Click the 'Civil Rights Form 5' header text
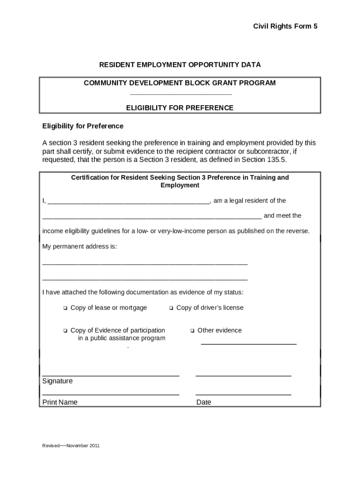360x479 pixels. [x=285, y=27]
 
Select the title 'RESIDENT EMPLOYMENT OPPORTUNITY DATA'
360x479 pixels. [x=180, y=64]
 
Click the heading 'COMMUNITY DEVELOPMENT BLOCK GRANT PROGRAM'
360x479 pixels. [x=180, y=83]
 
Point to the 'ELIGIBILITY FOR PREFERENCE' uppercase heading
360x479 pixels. [x=180, y=108]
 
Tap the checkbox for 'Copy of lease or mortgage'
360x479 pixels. [x=65, y=308]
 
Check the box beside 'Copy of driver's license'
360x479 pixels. [x=171, y=308]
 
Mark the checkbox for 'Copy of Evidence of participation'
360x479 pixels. [x=65, y=331]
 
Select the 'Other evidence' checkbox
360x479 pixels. [x=192, y=331]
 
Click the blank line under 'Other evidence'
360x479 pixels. [x=248, y=344]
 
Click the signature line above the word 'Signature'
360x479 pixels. [x=111, y=376]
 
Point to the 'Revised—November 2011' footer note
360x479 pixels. [x=71, y=445]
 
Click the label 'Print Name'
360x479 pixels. [x=60, y=402]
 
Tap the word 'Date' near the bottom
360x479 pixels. [x=204, y=402]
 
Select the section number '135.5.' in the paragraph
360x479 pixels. [x=276, y=160]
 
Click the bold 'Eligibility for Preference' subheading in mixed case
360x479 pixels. [x=83, y=126]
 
